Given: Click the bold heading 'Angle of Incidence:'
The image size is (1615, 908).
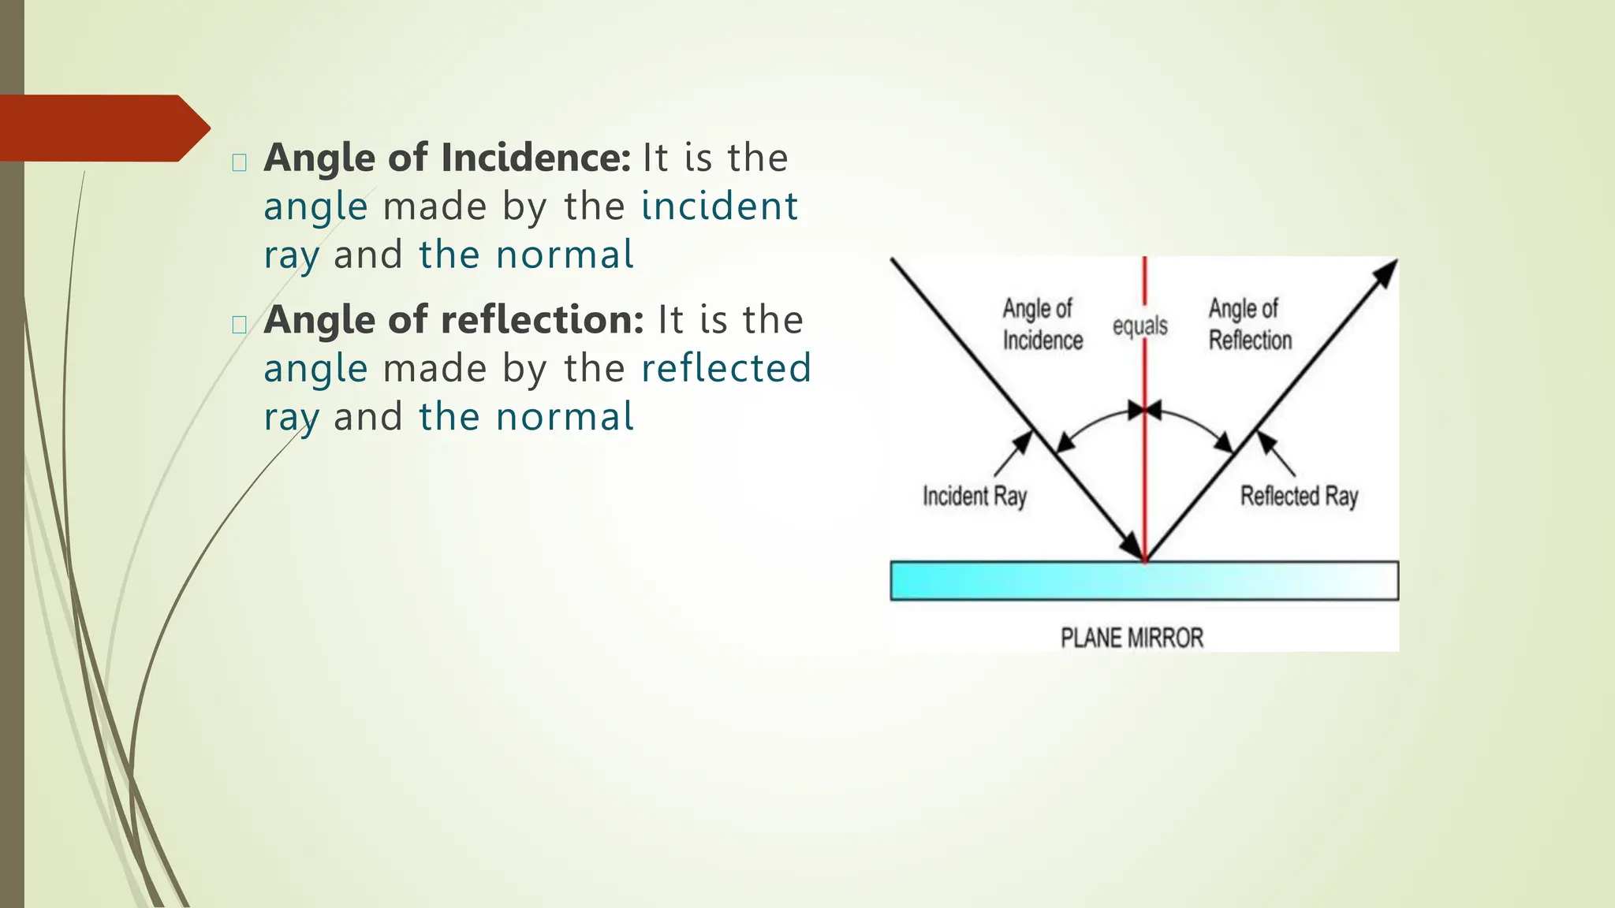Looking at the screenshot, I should coord(446,158).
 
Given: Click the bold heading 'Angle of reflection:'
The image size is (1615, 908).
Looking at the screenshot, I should coord(453,320).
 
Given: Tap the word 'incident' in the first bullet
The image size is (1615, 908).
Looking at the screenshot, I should coord(719,207).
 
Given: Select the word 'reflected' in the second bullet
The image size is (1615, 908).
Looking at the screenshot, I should coord(726,368).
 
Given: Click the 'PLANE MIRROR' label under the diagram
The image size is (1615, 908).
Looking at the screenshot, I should coord(1132,638).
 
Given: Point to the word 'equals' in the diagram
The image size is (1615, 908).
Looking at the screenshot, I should coord(1139,326).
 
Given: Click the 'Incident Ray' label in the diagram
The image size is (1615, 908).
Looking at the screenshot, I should coord(975,497).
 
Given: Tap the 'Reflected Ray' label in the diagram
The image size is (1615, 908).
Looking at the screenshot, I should coord(1299,497).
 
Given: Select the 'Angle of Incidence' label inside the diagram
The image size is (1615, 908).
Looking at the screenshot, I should coord(1042,324).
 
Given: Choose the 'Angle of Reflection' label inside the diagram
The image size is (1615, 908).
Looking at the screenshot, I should coord(1250,324).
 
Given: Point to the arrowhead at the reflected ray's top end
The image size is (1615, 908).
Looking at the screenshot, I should coord(1386,273).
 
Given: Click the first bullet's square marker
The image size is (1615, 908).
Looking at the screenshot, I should coord(240,162).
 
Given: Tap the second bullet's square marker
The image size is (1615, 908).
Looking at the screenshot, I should coord(240,324).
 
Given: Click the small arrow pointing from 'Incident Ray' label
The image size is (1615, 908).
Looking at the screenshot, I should coord(1013,454).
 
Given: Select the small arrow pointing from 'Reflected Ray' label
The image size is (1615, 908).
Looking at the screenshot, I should coord(1276,454).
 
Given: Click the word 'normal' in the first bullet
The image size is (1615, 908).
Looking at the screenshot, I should coord(564,255).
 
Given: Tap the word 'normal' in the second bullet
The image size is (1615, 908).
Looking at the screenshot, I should coord(564,416).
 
